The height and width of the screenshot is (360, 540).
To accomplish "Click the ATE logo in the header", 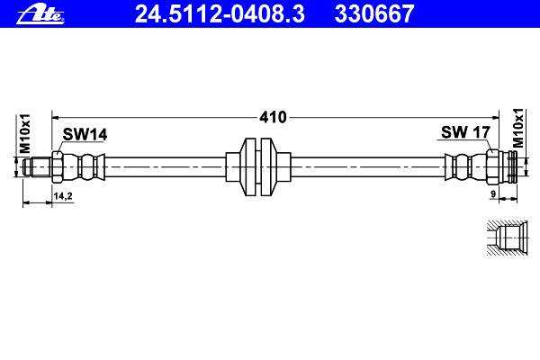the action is click(40, 15).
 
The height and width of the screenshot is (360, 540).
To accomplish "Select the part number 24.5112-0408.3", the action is click(220, 14).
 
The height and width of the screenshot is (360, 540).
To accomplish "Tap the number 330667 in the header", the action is click(374, 14).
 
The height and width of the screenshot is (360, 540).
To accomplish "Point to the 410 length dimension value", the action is click(273, 118).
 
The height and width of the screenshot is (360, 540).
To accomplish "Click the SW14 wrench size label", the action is click(85, 134).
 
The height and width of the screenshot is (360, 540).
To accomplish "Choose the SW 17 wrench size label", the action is click(465, 132).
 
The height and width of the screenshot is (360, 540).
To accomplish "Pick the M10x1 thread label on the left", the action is click(25, 134).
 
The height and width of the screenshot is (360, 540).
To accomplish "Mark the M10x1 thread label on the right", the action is click(517, 128).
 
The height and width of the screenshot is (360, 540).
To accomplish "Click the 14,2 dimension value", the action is click(63, 196).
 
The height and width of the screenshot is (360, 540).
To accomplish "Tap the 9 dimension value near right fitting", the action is click(493, 194).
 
